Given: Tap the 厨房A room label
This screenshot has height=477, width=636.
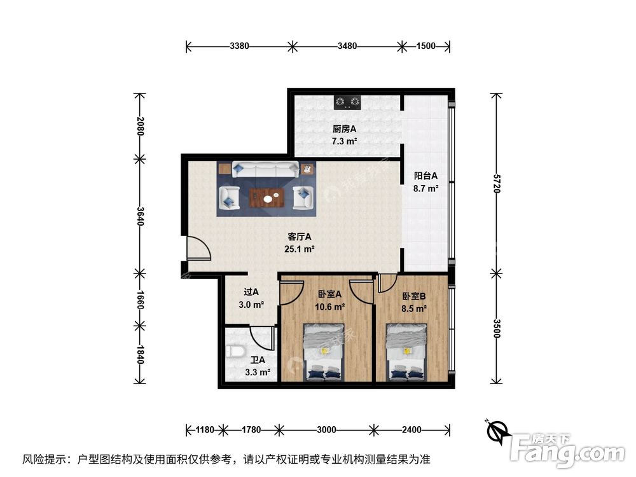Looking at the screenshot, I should (x=343, y=129).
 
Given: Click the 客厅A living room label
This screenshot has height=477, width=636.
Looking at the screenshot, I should (x=299, y=237).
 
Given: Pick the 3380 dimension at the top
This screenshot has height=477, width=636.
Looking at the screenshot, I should (x=239, y=46).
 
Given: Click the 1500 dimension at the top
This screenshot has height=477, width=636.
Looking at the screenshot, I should (x=425, y=46).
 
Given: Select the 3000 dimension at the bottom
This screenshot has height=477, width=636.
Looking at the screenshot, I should (x=326, y=430).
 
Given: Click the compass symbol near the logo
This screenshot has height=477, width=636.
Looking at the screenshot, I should (x=497, y=432).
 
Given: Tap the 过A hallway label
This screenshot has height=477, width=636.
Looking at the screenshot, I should (x=251, y=293).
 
